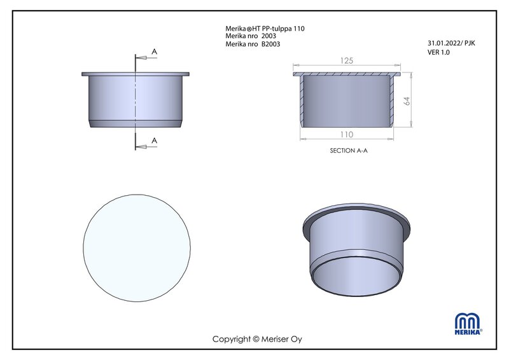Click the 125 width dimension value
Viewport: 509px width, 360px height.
pyautogui.click(x=347, y=60)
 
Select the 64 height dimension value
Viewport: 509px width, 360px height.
pyautogui.click(x=407, y=101)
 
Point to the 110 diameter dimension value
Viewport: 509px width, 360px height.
pyautogui.click(x=347, y=134)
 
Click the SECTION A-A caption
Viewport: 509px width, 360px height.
pyautogui.click(x=349, y=151)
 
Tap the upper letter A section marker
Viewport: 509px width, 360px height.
pyautogui.click(x=154, y=52)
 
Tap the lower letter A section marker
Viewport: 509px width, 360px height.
pyautogui.click(x=154, y=141)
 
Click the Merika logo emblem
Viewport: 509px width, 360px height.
pyautogui.click(x=468, y=324)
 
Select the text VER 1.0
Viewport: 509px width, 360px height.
pyautogui.click(x=438, y=52)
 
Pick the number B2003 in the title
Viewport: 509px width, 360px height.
pyautogui.click(x=271, y=44)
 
